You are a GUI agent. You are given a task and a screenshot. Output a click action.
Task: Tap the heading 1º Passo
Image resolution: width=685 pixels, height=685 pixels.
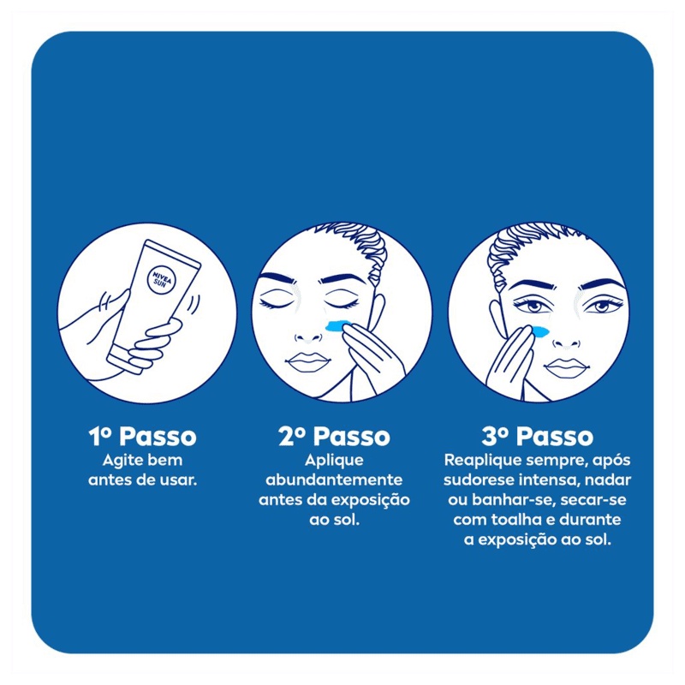pos(142,436)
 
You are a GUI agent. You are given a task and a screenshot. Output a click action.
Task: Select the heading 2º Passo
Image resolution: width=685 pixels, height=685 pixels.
pos(334,436)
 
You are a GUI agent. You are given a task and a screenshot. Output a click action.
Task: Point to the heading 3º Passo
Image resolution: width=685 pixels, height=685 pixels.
pos(538,436)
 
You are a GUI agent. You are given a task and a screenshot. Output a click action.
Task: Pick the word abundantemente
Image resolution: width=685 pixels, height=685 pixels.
pos(334,480)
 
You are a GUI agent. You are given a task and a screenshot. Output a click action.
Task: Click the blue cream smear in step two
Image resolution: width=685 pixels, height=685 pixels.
pos(340,325)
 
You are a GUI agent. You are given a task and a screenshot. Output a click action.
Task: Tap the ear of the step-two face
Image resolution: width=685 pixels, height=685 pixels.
pos(378,313)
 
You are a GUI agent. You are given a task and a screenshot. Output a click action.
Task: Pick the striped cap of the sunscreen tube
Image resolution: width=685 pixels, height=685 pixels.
pos(126,358)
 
